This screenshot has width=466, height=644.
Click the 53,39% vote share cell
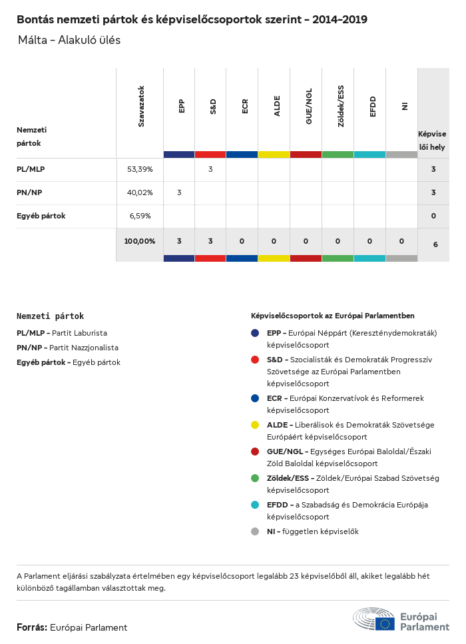point(140,169)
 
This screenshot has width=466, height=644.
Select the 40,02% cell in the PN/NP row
point(140,192)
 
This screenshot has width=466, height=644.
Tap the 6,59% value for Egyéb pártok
point(140,216)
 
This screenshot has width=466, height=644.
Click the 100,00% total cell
point(140,241)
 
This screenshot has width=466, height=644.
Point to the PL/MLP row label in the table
point(31,169)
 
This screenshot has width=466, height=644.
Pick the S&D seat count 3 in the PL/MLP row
point(210,169)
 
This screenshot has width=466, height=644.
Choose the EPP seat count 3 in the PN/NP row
point(179,192)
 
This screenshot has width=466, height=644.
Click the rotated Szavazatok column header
point(141,106)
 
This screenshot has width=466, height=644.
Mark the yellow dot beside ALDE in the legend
point(255,425)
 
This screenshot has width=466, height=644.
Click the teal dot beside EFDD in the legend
point(255,505)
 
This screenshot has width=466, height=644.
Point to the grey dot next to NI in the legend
point(255,531)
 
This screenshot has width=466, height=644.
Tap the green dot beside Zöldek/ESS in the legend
point(255,478)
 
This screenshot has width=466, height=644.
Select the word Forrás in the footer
point(31,627)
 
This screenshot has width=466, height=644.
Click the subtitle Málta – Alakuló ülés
point(69,41)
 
